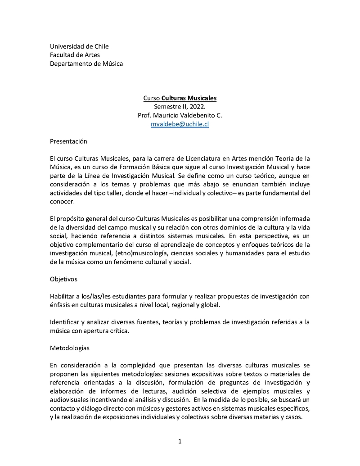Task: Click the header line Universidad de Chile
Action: tap(79, 46)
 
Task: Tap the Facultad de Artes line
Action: tap(75, 55)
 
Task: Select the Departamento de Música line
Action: tap(86, 63)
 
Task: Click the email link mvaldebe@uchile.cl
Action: tap(180, 124)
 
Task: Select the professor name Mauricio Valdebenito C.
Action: tap(189, 115)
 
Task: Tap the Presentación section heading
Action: tap(68, 141)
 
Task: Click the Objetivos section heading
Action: tap(63, 279)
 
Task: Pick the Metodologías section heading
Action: tap(70, 348)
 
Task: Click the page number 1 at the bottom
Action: tap(180, 441)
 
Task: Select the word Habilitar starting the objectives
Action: tap(63, 296)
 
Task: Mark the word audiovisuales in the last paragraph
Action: tap(71, 400)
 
